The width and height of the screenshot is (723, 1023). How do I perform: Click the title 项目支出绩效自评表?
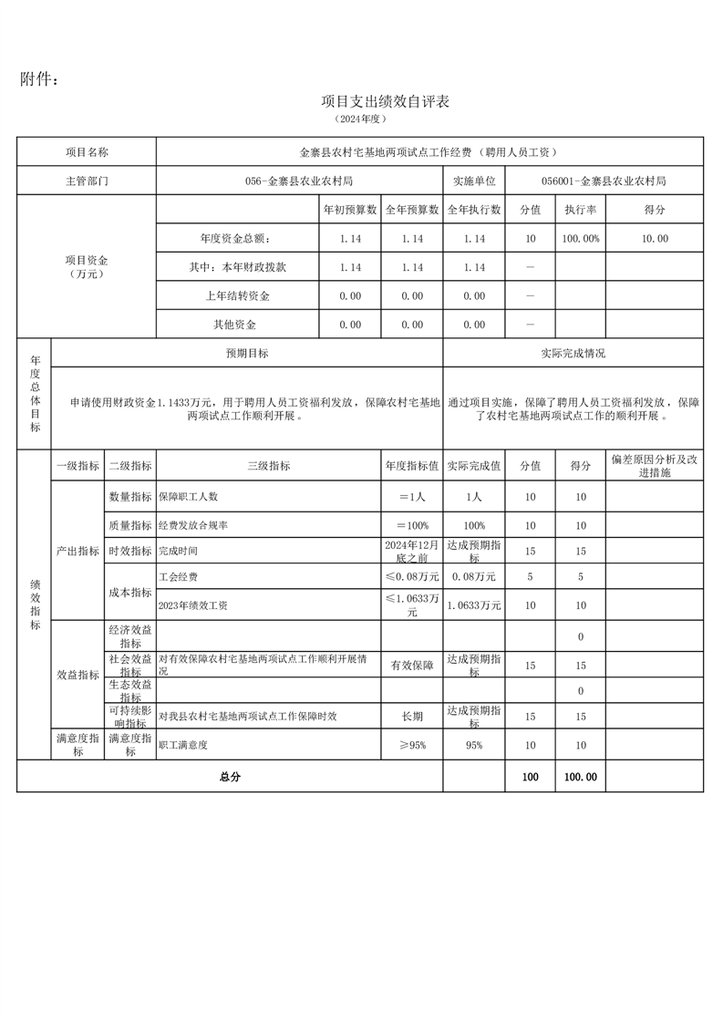coord(386,101)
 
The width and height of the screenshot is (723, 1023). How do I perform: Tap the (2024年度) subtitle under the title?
coord(362,119)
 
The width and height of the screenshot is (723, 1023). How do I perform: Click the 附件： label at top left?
coord(39,80)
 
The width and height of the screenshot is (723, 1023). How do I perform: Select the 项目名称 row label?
coord(87,152)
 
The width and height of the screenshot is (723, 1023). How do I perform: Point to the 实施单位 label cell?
coord(473,181)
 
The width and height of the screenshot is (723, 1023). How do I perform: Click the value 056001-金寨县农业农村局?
coord(604,181)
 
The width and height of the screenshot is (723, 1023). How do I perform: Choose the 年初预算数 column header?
coord(350,210)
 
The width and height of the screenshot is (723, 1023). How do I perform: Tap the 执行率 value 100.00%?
coord(581,239)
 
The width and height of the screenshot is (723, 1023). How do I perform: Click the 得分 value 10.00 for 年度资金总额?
coord(655,239)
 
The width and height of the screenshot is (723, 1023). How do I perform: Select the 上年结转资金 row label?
coord(238,296)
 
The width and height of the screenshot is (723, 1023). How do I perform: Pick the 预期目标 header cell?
coord(247,353)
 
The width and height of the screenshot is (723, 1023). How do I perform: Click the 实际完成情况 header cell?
coord(573,353)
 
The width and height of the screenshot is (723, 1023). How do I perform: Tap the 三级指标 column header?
coord(269,466)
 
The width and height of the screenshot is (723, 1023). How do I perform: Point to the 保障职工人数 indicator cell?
coord(189,497)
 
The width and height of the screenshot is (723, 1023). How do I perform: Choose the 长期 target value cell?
coord(412,717)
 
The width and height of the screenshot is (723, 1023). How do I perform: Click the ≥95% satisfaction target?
coord(412,745)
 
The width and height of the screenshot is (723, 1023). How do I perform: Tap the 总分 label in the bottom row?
coord(230,777)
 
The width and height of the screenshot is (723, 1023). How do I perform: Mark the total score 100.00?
coord(581,777)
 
